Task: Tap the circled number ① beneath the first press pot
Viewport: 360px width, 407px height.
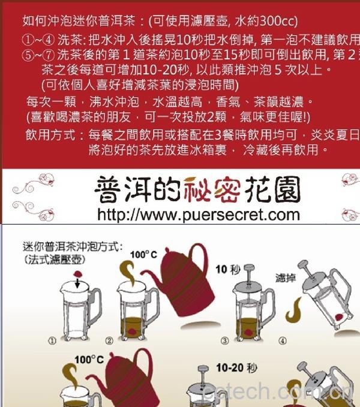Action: (x=52, y=340)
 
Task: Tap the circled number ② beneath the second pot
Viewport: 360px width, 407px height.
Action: (x=110, y=341)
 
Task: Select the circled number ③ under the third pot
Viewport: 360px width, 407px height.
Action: (x=224, y=341)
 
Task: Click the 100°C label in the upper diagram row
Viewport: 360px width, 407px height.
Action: (x=143, y=255)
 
